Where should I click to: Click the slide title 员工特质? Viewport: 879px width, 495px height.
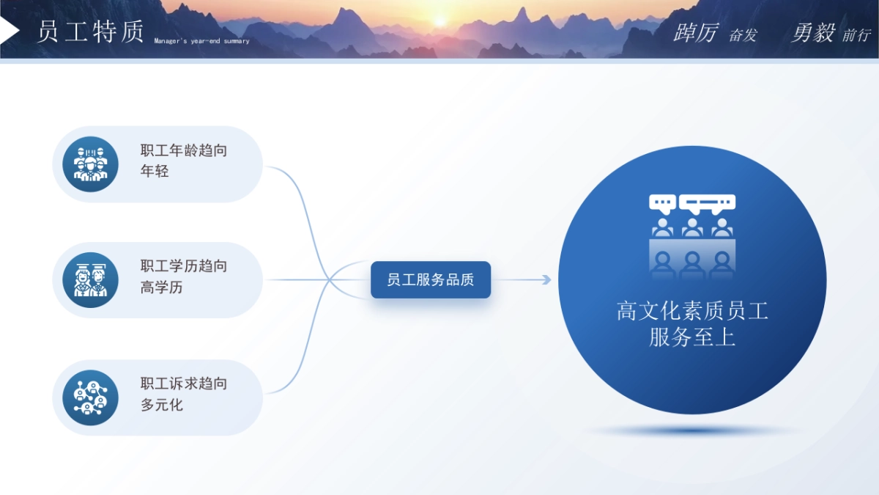coord(90,32)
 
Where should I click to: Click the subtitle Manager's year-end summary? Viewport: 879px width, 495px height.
coord(201,41)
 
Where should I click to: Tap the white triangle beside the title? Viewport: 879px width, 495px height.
coord(9,30)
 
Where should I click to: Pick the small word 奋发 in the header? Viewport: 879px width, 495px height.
coord(743,35)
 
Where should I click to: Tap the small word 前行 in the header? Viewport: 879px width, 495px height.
coord(856,35)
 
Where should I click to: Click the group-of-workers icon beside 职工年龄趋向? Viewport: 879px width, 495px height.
coord(90,164)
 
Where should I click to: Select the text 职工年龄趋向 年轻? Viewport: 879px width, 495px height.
coord(183,161)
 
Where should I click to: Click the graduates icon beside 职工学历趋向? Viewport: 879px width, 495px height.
coord(90,280)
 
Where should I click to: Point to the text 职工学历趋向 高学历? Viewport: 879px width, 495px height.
coord(183,276)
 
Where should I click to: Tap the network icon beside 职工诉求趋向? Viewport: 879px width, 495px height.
coord(90,397)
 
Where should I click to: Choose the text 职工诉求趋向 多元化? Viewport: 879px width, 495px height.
coord(183,394)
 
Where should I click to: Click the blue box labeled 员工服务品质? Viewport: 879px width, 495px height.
coord(431,279)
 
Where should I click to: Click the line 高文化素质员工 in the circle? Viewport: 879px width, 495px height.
coord(692,312)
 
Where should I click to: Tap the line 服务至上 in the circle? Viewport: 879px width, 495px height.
coord(692,337)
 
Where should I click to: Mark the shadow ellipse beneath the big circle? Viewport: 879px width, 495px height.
coord(692,431)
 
